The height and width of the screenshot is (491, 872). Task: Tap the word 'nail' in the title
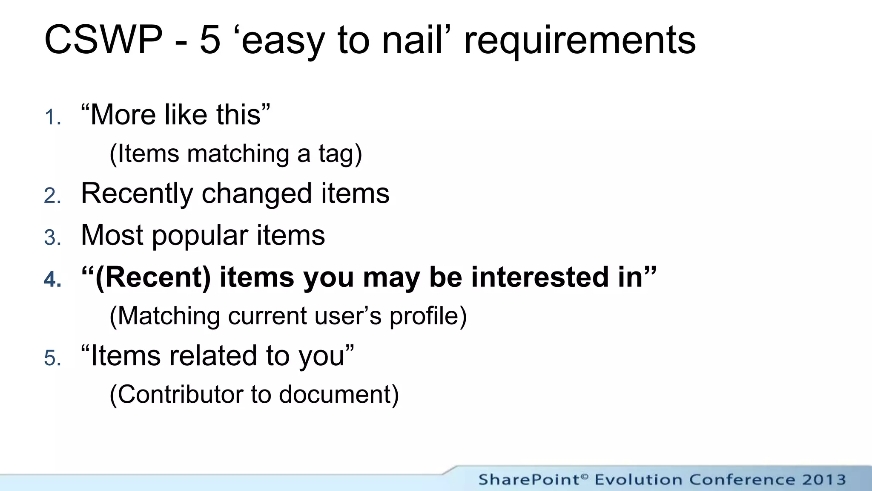412,40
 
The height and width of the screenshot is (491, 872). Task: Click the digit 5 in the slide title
210,40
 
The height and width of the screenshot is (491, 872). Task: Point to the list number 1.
52,117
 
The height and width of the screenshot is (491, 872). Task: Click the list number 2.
52,196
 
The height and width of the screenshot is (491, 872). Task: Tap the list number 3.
52,237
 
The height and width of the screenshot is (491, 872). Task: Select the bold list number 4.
52,279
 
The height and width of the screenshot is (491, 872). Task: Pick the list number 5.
52,358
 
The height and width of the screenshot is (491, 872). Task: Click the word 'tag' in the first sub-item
336,154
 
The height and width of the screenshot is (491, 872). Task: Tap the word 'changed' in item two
257,194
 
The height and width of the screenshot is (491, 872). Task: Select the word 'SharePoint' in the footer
528,479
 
